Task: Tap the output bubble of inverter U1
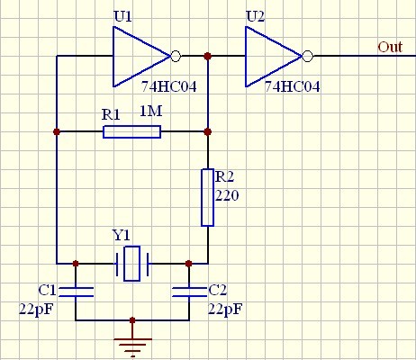coord(176,56)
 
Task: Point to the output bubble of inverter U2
coord(307,56)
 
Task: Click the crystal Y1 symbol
coord(132,264)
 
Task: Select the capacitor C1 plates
coord(76,292)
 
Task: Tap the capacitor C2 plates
coord(189,292)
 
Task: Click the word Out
coord(390,47)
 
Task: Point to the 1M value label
coord(151,111)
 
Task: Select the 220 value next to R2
coord(227,195)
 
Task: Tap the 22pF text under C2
coord(225,309)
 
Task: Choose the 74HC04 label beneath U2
coord(293,86)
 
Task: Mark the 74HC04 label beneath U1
coord(169,86)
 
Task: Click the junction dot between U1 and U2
coord(207,56)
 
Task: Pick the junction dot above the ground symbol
coord(132,320)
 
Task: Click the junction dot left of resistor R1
coord(57,131)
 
